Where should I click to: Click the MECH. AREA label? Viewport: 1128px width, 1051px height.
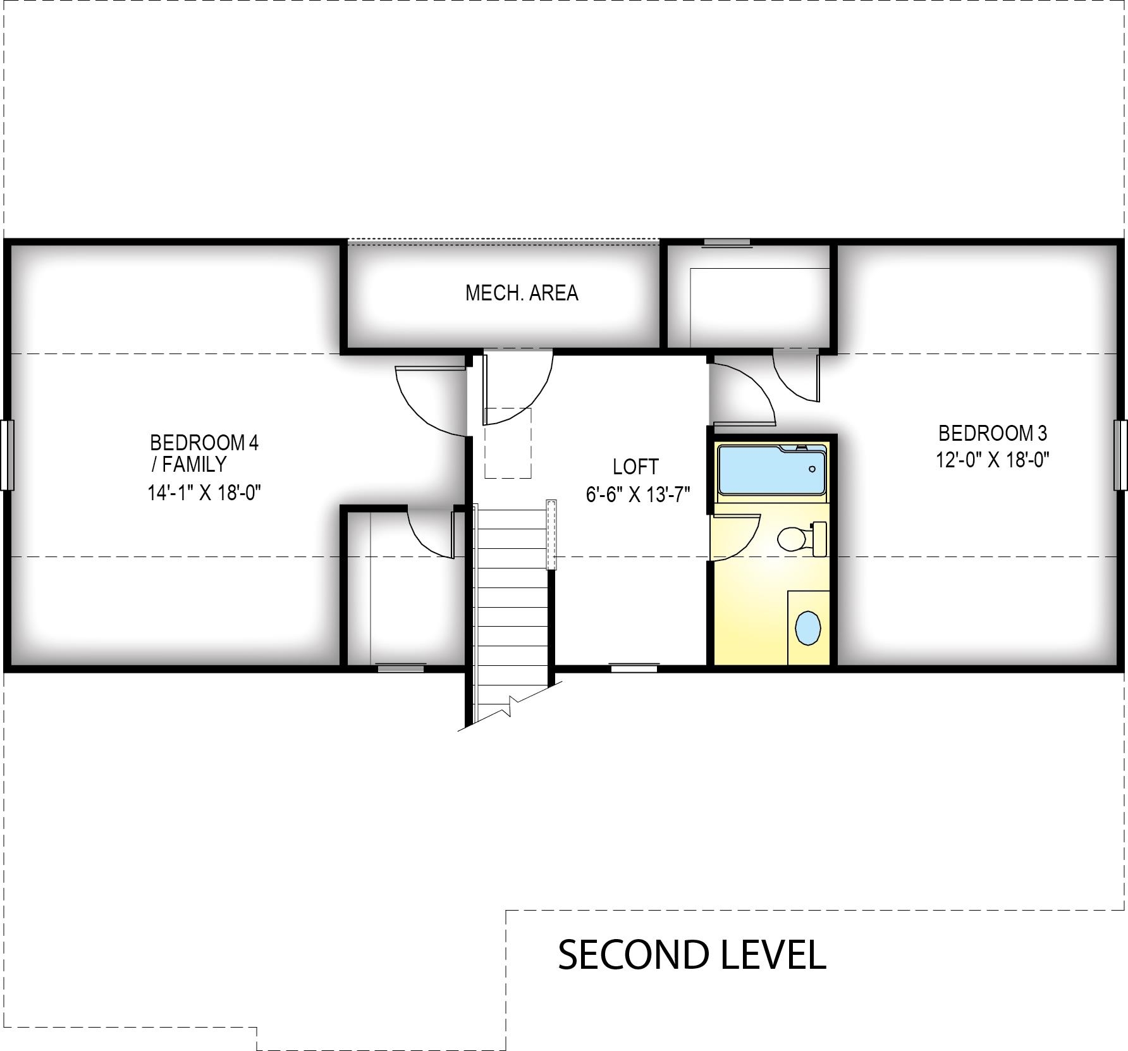pyautogui.click(x=522, y=293)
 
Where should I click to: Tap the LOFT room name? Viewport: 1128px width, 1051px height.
pyautogui.click(x=635, y=467)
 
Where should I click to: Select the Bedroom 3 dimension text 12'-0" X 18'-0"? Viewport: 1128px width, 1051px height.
pyautogui.click(x=993, y=460)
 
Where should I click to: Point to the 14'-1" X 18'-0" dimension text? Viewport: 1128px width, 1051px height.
pyautogui.click(x=204, y=492)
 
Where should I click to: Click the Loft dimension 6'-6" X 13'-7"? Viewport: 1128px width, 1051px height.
pyautogui.click(x=637, y=494)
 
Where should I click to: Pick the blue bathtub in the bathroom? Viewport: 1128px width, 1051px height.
pyautogui.click(x=771, y=470)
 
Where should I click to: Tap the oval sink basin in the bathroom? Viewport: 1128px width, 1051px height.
pyautogui.click(x=807, y=628)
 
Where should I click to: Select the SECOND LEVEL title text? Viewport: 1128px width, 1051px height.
pyautogui.click(x=692, y=954)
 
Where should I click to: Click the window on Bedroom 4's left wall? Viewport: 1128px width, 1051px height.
pyautogui.click(x=7, y=455)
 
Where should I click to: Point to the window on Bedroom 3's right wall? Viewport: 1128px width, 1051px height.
pyautogui.click(x=1120, y=455)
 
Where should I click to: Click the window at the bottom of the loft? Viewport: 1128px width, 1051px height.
pyautogui.click(x=634, y=667)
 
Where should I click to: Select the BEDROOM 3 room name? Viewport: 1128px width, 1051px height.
pyautogui.click(x=993, y=433)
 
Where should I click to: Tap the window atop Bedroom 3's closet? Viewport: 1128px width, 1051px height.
pyautogui.click(x=727, y=242)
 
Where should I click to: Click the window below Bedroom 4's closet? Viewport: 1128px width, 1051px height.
pyautogui.click(x=401, y=667)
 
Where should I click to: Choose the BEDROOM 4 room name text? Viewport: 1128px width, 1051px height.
pyautogui.click(x=204, y=442)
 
